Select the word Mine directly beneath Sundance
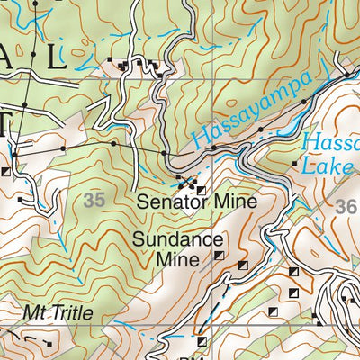[176, 260]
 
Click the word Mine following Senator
[236, 202]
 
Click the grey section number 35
[94, 200]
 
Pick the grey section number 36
[346, 206]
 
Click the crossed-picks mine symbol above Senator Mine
[187, 183]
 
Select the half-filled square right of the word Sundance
[219, 256]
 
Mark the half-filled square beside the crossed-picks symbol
[200, 191]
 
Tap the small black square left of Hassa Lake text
[296, 164]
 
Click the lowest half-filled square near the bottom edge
[202, 341]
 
